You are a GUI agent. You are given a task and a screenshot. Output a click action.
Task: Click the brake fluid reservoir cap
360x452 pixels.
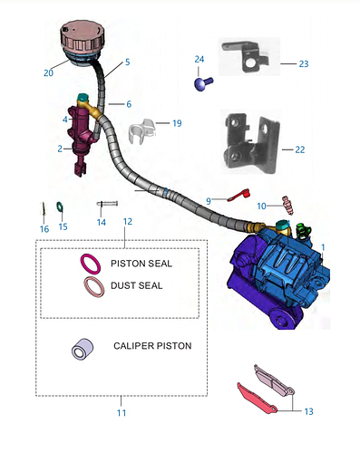pyautogui.click(x=83, y=37)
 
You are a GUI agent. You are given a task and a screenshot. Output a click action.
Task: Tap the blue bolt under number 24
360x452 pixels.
pyautogui.click(x=203, y=83)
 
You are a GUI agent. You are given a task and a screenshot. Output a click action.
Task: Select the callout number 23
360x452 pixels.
pyautogui.click(x=304, y=63)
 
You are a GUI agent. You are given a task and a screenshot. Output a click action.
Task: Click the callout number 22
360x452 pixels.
pyautogui.click(x=300, y=149)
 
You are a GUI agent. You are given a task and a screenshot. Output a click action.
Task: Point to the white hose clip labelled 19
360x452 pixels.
pyautogui.click(x=142, y=131)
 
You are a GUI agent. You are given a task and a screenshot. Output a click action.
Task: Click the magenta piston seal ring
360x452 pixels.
pyautogui.click(x=91, y=264)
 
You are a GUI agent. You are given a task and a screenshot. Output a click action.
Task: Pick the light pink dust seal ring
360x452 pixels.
pyautogui.click(x=94, y=286)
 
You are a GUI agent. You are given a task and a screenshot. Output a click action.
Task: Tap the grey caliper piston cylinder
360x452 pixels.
pyautogui.click(x=83, y=349)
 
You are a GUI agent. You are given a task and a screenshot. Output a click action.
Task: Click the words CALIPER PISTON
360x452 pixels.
pyautogui.click(x=152, y=346)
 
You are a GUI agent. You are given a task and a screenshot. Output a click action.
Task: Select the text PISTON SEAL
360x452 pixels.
pyautogui.click(x=141, y=264)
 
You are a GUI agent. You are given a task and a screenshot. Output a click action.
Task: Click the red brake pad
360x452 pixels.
pyautogui.click(x=257, y=399)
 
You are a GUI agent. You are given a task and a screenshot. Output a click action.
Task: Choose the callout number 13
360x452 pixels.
pyautogui.click(x=308, y=411)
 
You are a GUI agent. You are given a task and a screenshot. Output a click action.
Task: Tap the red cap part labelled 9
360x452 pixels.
pyautogui.click(x=239, y=196)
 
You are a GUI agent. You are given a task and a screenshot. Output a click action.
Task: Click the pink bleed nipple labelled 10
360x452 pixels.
pyautogui.click(x=287, y=205)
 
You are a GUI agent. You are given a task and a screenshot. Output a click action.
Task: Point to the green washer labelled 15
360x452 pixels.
pyautogui.click(x=60, y=207)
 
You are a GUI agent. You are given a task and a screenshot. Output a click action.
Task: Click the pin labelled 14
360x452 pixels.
pyautogui.click(x=107, y=204)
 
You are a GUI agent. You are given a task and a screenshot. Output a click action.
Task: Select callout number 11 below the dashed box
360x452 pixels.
pyautogui.click(x=122, y=413)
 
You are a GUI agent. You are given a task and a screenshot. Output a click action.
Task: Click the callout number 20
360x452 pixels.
pyautogui.click(x=48, y=73)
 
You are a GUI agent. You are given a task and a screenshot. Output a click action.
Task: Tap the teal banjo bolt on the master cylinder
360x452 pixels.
pyautogui.click(x=83, y=97)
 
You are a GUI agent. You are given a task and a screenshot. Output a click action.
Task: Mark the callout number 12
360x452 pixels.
pyautogui.click(x=128, y=222)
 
